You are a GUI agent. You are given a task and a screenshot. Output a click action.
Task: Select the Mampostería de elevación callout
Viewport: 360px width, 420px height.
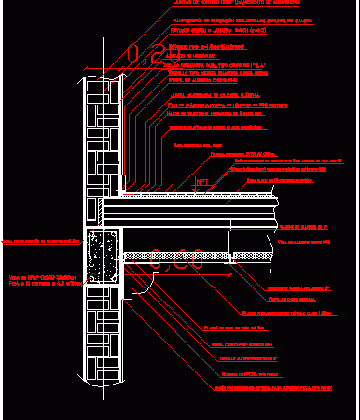tap(233, 17)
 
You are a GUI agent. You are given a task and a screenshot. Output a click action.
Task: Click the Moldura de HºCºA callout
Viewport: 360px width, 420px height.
tap(251, 373)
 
